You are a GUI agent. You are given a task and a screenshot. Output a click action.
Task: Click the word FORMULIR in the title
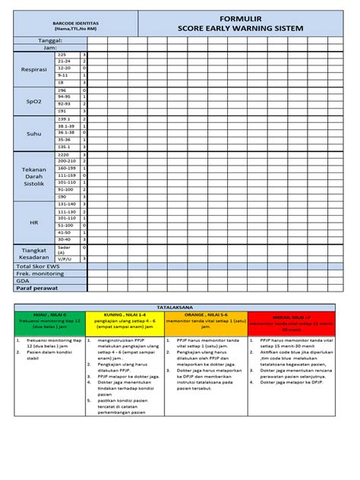click(239, 17)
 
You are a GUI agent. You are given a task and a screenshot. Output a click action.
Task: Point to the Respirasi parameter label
click(34, 69)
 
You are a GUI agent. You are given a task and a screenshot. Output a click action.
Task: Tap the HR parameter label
click(34, 222)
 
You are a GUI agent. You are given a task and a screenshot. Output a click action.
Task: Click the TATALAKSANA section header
click(180, 307)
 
